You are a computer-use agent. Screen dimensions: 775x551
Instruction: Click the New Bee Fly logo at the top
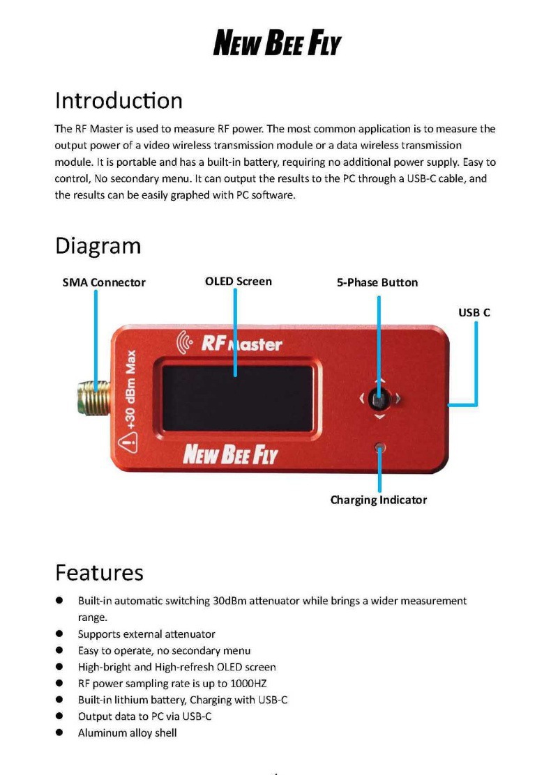point(277,43)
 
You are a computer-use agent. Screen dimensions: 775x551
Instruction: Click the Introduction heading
point(119,100)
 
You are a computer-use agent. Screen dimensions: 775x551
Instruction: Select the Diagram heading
point(98,245)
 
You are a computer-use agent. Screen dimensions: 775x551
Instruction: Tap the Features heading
point(99,572)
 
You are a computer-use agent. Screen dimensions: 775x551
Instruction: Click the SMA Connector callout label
point(104,282)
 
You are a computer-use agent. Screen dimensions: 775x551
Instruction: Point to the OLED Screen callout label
point(238,282)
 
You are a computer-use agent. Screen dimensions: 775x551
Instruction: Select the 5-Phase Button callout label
point(377,282)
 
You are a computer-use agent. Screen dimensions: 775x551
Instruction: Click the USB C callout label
point(474,312)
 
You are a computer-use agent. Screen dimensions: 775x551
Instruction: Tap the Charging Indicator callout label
point(378,500)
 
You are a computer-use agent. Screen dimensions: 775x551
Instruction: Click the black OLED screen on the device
point(236,398)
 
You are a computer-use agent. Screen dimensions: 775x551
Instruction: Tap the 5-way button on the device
point(379,399)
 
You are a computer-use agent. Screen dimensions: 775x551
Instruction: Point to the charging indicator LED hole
point(379,447)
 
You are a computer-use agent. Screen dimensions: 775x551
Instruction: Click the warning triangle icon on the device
point(128,440)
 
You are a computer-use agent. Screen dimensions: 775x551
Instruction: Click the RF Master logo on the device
point(232,344)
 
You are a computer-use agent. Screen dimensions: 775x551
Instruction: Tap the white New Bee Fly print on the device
point(229,455)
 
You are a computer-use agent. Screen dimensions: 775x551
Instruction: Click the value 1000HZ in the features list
point(248,684)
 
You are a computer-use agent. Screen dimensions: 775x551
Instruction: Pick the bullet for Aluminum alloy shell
point(61,732)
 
